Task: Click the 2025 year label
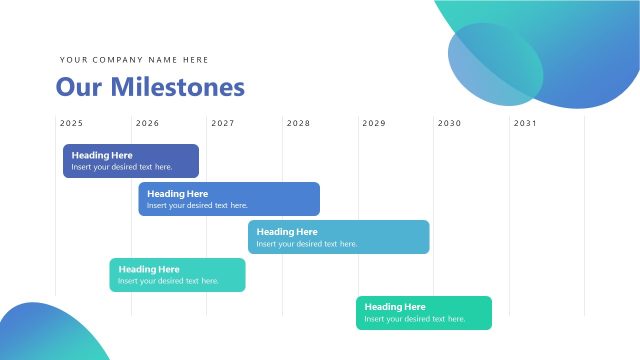71,124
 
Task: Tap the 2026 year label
147,124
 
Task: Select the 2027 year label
223,124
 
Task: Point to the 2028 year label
298,124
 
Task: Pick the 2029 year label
374,124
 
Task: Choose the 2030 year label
449,124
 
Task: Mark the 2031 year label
525,124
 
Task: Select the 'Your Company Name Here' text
134,60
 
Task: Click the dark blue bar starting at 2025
131,161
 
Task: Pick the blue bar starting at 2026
229,199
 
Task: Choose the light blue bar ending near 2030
339,237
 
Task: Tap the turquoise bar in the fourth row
177,275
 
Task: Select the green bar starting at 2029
424,312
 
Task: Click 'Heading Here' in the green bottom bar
395,307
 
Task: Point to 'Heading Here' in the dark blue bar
102,155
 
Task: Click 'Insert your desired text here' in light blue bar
307,244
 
